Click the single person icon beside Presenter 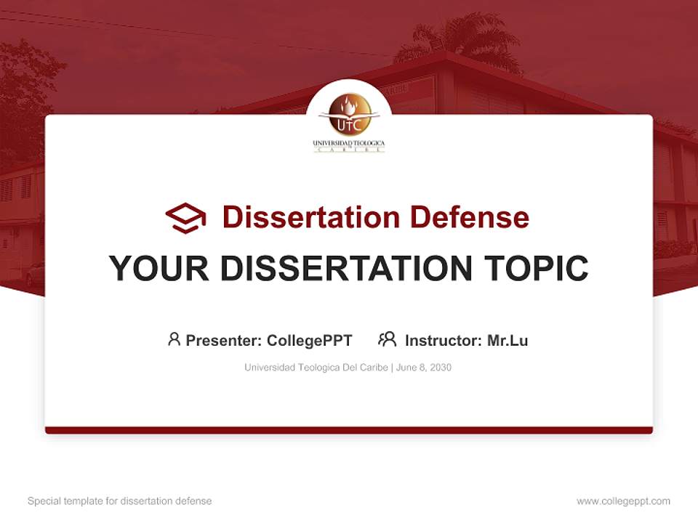[x=174, y=339]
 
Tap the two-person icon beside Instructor [x=387, y=339]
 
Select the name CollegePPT [x=310, y=340]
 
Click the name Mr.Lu [x=508, y=340]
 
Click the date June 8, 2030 [x=424, y=368]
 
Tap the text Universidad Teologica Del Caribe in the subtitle [x=316, y=368]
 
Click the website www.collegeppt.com [x=623, y=501]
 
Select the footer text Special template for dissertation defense [x=120, y=501]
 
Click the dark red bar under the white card [x=349, y=430]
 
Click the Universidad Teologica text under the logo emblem [x=349, y=144]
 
